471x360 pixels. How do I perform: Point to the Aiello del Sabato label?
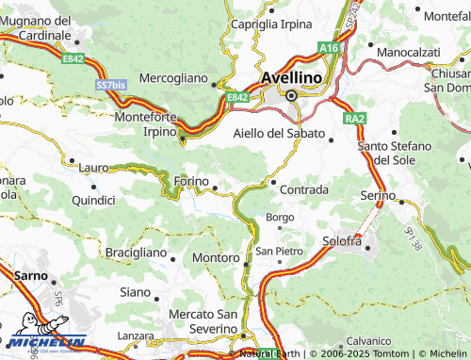click(278, 133)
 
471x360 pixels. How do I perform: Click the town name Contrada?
click(303, 189)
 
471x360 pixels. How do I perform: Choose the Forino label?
click(191, 182)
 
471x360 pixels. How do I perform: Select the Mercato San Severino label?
click(203, 319)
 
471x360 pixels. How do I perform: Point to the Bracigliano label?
click(135, 254)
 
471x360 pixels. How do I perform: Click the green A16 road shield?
click(328, 47)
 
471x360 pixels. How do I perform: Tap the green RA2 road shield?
click(354, 119)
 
